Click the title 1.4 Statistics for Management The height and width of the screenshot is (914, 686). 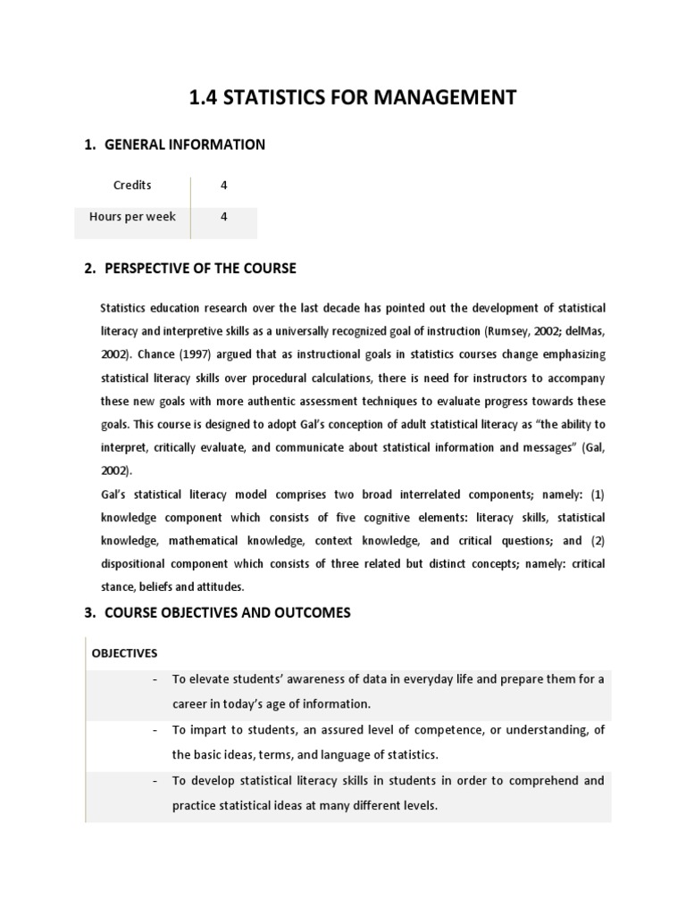coord(353,96)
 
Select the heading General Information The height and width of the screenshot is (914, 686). coord(185,145)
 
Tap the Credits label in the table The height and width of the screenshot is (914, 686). coord(132,186)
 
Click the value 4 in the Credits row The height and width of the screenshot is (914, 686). coord(224,186)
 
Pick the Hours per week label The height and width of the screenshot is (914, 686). coord(132,217)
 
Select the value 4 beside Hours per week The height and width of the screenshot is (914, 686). coord(224,217)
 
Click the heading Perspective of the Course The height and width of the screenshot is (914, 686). coord(200,268)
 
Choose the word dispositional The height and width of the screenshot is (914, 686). coord(138,563)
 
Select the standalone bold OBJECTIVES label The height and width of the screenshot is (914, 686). coord(124,652)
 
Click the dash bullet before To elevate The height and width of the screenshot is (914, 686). coord(155,679)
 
